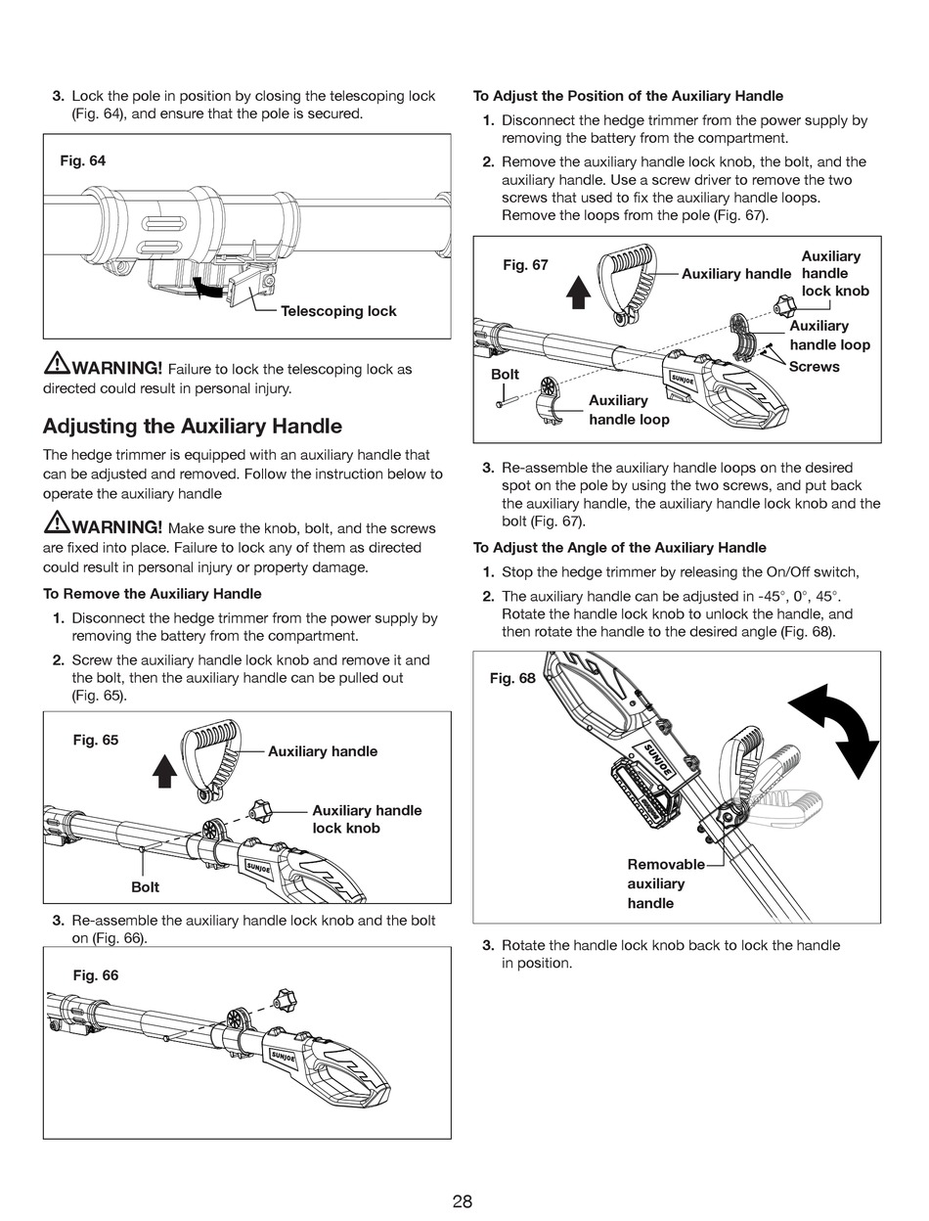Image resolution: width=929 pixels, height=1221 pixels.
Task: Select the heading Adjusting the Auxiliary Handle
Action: (193, 426)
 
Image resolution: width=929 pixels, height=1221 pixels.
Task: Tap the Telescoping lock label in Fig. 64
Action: (338, 311)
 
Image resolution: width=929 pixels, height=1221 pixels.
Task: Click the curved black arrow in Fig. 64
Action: (207, 288)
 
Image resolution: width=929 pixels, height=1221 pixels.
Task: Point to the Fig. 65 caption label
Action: (96, 740)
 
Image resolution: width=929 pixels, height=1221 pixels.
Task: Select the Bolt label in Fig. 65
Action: (145, 886)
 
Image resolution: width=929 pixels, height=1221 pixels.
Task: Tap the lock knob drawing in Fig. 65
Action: (260, 809)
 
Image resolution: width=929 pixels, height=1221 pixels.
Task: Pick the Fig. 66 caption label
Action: (96, 975)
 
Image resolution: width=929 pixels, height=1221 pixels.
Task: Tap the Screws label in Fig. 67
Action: (814, 367)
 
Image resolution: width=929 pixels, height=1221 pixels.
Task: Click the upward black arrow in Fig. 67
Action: (580, 291)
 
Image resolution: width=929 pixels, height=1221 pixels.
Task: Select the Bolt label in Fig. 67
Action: (505, 375)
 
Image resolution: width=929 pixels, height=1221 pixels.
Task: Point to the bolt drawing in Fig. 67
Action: (499, 397)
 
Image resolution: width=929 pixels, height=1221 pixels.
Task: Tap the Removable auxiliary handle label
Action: (665, 883)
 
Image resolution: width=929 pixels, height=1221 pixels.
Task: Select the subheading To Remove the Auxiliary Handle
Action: (152, 594)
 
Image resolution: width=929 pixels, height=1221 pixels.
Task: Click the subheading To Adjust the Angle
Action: (619, 548)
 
